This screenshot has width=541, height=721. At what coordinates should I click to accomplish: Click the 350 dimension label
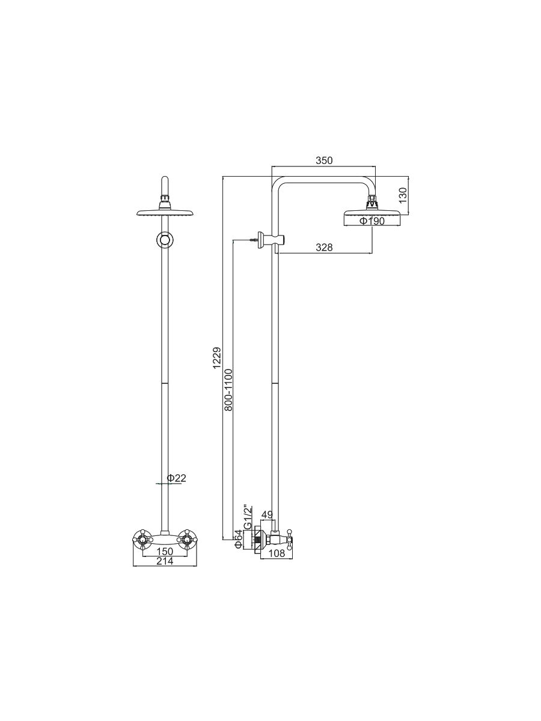click(324, 160)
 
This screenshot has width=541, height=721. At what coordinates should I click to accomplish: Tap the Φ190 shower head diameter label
click(371, 221)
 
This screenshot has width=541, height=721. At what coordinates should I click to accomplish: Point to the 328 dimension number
click(324, 248)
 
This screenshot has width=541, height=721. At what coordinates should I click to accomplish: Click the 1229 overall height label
click(218, 358)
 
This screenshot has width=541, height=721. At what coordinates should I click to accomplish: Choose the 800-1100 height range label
click(228, 390)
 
